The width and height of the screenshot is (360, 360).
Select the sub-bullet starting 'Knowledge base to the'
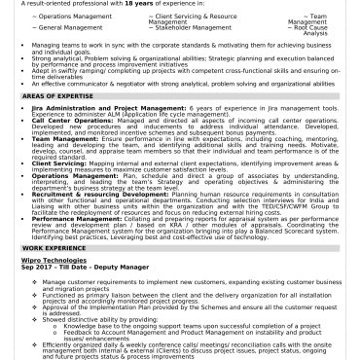pos(156,351)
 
